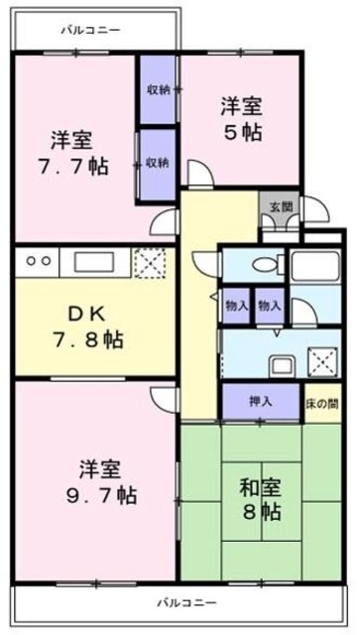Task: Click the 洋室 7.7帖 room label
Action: (73, 150)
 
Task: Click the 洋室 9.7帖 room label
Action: (96, 480)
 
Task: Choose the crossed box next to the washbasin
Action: (320, 358)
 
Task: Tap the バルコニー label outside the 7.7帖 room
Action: (89, 30)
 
